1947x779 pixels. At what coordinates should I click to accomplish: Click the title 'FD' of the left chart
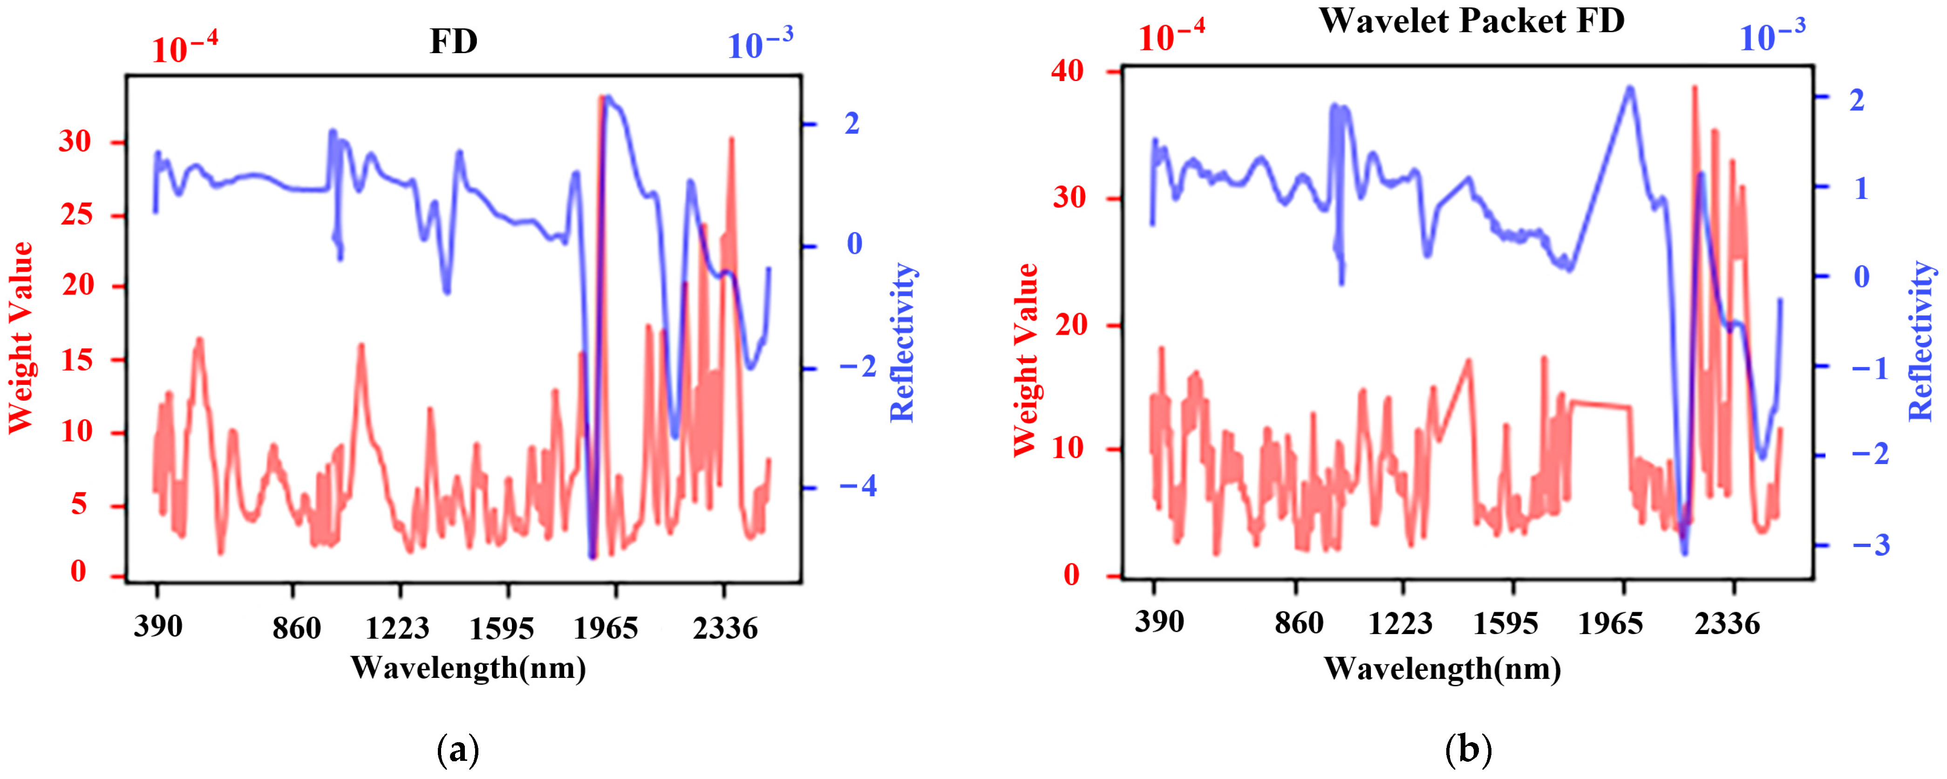[x=454, y=41]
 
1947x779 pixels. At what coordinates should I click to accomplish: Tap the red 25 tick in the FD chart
[x=75, y=215]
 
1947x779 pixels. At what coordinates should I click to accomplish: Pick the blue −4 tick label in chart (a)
[x=858, y=486]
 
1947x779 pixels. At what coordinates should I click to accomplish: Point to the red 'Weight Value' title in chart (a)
[x=21, y=338]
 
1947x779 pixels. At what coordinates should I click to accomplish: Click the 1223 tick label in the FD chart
[x=398, y=628]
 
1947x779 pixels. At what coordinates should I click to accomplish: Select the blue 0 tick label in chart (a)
[x=854, y=244]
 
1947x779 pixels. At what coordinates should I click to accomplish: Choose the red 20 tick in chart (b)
[x=1067, y=324]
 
